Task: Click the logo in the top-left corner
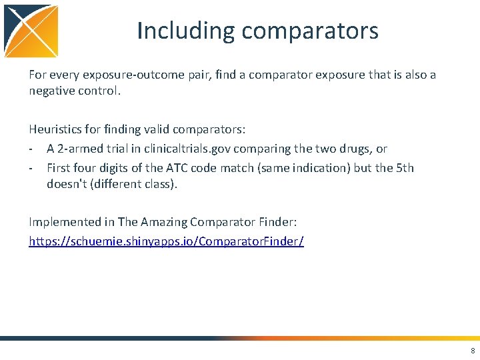point(31,31)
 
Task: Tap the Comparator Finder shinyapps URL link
point(166,241)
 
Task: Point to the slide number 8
point(473,351)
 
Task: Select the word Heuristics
point(56,130)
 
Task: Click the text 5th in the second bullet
point(405,167)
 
